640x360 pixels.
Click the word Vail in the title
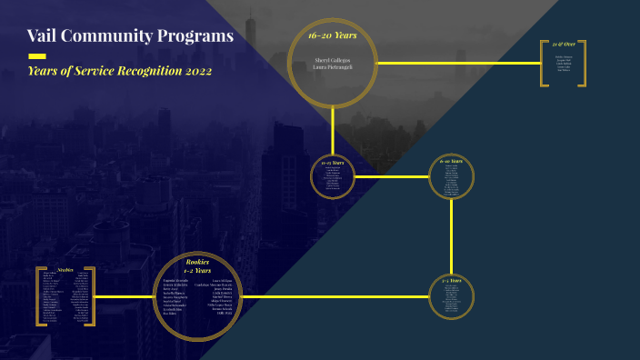click(x=45, y=36)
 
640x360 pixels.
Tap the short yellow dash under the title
click(x=37, y=56)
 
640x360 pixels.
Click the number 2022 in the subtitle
click(x=193, y=71)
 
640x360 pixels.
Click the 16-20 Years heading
click(x=332, y=35)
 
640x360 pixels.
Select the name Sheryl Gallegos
click(x=332, y=59)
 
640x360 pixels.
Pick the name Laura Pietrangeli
click(x=332, y=66)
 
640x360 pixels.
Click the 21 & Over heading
click(x=564, y=44)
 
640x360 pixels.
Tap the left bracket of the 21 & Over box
click(x=544, y=63)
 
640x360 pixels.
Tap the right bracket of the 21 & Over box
click(x=584, y=63)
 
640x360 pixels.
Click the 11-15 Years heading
click(x=332, y=162)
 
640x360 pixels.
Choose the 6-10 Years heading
click(x=451, y=161)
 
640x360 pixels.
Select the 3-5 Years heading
click(x=451, y=281)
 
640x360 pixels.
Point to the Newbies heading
click(x=65, y=270)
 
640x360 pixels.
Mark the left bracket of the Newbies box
click(x=39, y=296)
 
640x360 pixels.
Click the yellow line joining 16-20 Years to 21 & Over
click(x=459, y=63)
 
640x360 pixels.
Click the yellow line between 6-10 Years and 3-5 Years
click(x=451, y=236)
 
